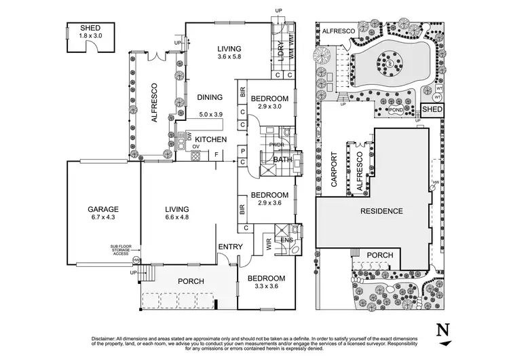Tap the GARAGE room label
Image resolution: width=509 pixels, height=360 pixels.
coord(102,209)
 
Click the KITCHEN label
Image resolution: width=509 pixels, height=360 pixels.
coord(210,139)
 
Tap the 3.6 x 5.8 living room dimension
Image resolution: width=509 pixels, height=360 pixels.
coord(230,58)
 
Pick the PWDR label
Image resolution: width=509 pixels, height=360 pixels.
coord(276,144)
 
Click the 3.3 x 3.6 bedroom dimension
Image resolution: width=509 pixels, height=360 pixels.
coord(261,287)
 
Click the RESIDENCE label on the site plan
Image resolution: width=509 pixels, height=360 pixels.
coord(381,211)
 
